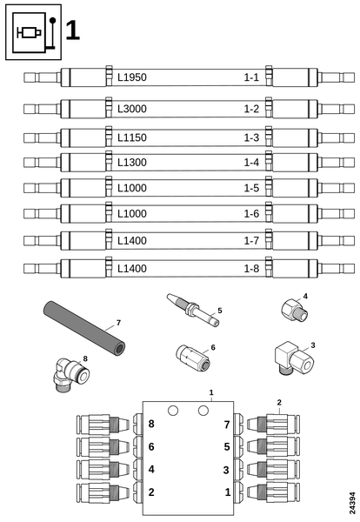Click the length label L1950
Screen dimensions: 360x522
pyautogui.click(x=132, y=77)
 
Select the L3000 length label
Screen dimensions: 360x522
pyautogui.click(x=132, y=109)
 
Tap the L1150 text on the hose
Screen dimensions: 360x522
pyautogui.click(x=132, y=137)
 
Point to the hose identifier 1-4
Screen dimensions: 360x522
pyautogui.click(x=251, y=163)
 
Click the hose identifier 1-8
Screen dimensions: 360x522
pyautogui.click(x=251, y=268)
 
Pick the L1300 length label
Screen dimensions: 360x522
pyautogui.click(x=132, y=163)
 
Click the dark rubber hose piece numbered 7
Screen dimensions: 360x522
pyautogui.click(x=83, y=328)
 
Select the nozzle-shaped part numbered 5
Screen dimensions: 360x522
pyautogui.click(x=193, y=310)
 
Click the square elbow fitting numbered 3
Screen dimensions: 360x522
pyautogui.click(x=294, y=358)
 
